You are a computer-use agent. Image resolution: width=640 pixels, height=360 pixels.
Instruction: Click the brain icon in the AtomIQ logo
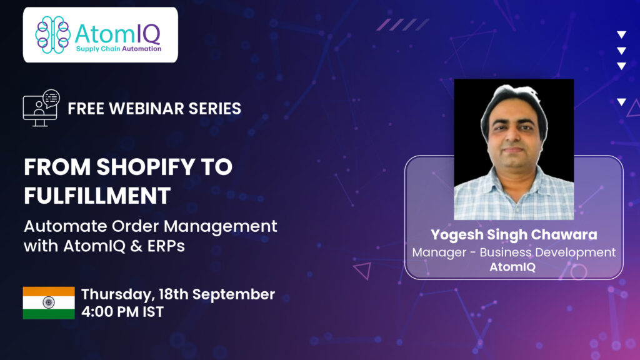[x=52, y=35]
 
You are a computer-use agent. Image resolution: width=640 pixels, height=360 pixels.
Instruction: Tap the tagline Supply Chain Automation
[x=119, y=49]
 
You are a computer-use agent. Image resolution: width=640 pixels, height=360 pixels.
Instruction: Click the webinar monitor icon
[x=41, y=108]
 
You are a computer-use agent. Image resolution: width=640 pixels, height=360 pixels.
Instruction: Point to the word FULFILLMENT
[x=97, y=196]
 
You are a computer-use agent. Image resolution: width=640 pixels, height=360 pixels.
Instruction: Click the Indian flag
[x=49, y=302]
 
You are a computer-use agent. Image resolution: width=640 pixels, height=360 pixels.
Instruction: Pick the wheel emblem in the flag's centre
[x=49, y=302]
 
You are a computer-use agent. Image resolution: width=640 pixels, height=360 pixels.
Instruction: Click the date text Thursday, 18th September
[x=178, y=294]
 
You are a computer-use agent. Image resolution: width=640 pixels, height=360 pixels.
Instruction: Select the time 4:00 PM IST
[x=122, y=312]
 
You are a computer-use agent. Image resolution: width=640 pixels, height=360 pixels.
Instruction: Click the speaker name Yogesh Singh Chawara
[x=514, y=235]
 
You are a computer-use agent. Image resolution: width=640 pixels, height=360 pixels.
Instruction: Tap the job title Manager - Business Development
[x=514, y=252]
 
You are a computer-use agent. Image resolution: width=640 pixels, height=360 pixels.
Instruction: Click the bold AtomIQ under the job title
[x=512, y=267]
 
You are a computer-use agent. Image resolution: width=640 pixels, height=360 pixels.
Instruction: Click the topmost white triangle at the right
[x=621, y=34]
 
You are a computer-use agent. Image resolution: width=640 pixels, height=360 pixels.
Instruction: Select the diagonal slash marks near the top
[x=403, y=24]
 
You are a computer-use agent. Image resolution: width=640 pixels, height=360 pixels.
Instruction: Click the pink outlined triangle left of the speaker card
[x=364, y=270]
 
